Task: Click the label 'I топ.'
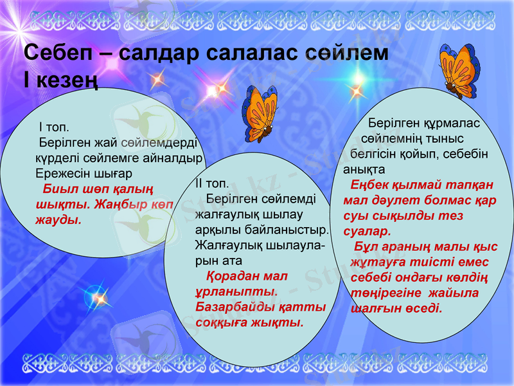[x=54, y=127]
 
